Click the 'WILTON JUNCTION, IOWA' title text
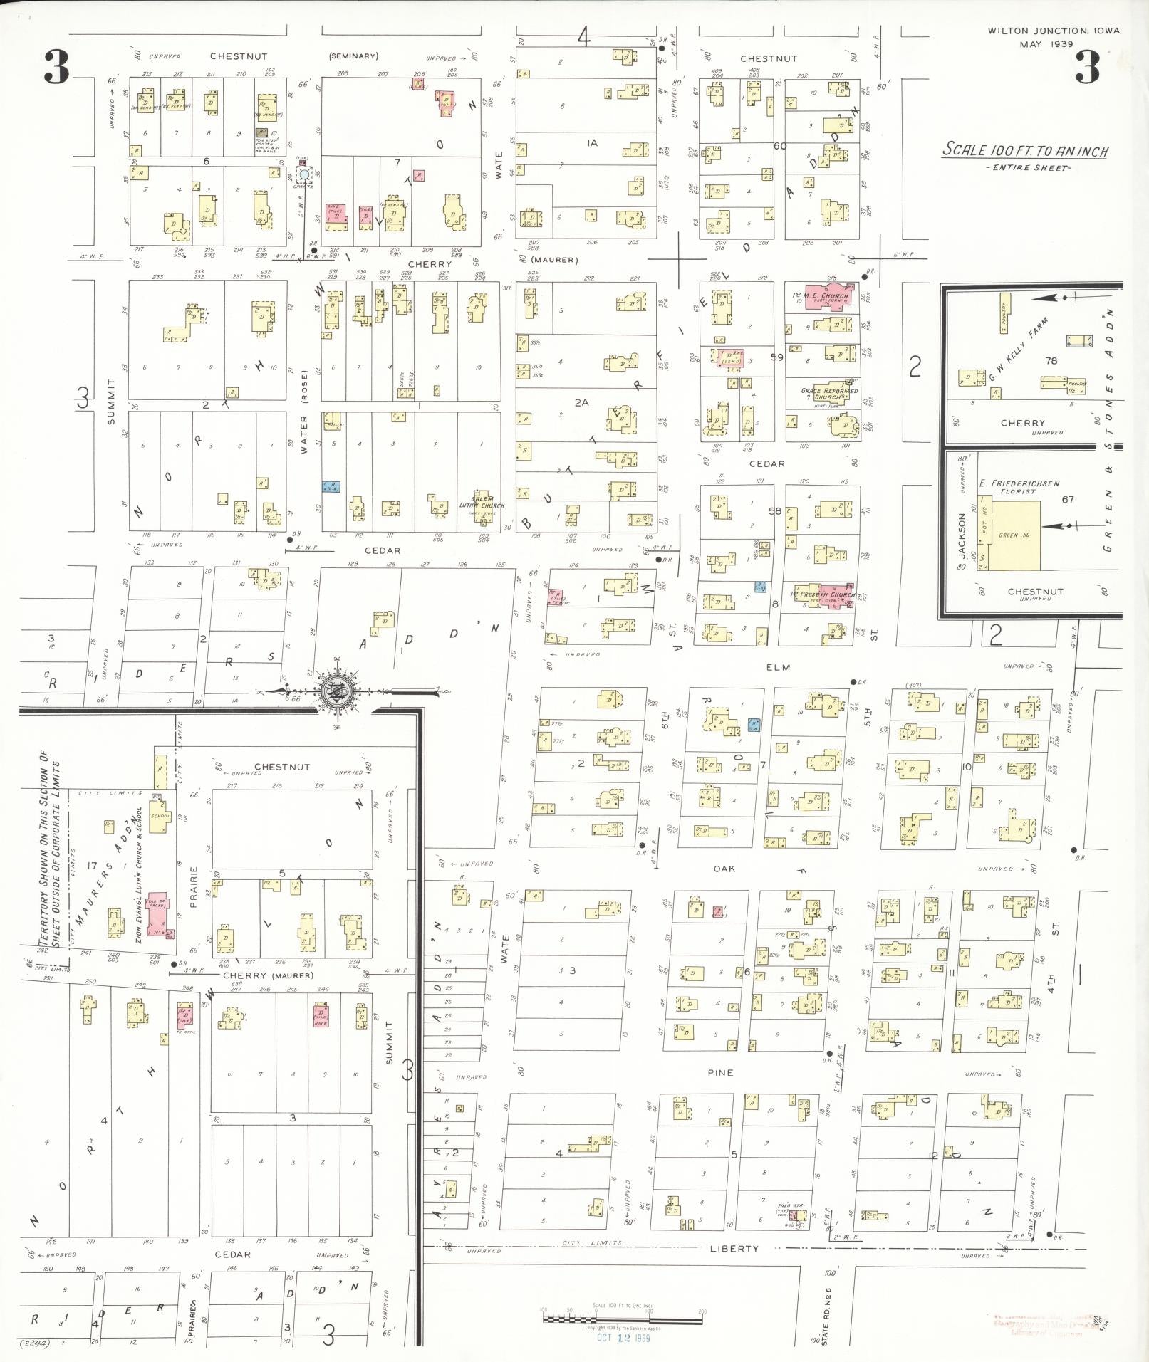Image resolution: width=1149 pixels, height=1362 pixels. (1053, 31)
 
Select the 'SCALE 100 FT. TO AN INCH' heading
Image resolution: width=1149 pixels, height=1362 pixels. (1025, 150)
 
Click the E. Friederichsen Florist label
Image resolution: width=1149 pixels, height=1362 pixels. (1019, 487)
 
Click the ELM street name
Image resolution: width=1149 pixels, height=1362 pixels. (779, 668)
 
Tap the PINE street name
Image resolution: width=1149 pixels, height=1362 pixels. (720, 1073)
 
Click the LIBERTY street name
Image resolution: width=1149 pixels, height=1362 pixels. (734, 1249)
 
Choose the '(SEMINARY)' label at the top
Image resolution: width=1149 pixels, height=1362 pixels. (354, 56)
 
